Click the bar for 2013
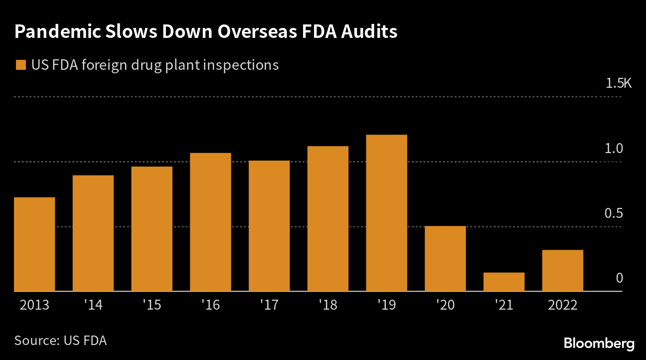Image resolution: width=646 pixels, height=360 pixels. [x=34, y=244]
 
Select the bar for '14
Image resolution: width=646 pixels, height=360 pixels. [x=93, y=233]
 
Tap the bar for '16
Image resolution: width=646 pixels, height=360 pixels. [x=210, y=222]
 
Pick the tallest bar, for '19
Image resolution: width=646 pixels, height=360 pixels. [x=386, y=213]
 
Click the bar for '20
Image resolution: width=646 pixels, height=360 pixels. [x=445, y=259]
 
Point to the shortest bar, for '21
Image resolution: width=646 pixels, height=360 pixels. [x=504, y=282]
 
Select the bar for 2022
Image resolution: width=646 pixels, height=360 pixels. [x=563, y=270]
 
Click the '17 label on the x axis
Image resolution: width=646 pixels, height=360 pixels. [x=269, y=305]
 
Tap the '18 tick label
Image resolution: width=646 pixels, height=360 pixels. [x=328, y=305]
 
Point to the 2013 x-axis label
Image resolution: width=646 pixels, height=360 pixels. [x=34, y=305]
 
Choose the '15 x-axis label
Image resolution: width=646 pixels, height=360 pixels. [x=152, y=305]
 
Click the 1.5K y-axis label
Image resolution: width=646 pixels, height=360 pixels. [x=619, y=83]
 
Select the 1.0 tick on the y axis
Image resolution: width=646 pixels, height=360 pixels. [x=615, y=148]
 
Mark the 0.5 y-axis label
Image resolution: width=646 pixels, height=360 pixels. [x=615, y=213]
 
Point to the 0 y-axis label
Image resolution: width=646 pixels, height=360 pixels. [x=620, y=278]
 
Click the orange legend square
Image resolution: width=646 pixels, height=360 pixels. [x=21, y=65]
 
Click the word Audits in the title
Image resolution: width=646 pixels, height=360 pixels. [x=369, y=31]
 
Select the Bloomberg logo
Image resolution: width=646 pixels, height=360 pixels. [x=599, y=343]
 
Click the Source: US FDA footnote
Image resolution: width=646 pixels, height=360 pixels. [x=60, y=341]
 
